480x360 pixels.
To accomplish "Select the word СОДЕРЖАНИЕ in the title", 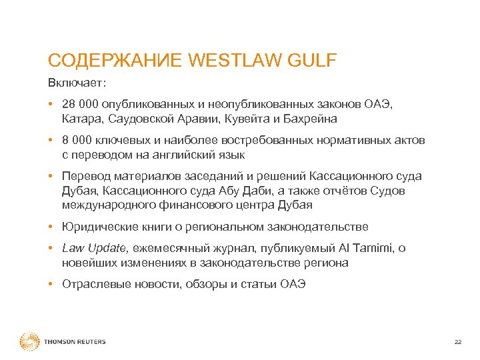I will (x=116, y=61).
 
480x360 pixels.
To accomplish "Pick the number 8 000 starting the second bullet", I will (x=76, y=141).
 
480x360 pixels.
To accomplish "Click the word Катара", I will (x=81, y=119).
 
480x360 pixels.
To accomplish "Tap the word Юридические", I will (x=94, y=227).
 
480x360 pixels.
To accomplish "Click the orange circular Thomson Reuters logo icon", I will (x=30, y=342).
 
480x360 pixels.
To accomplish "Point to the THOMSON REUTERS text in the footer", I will (x=75, y=342).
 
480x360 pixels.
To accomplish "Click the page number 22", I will (x=457, y=342).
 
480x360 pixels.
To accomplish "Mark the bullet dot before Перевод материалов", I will (x=51, y=177).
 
